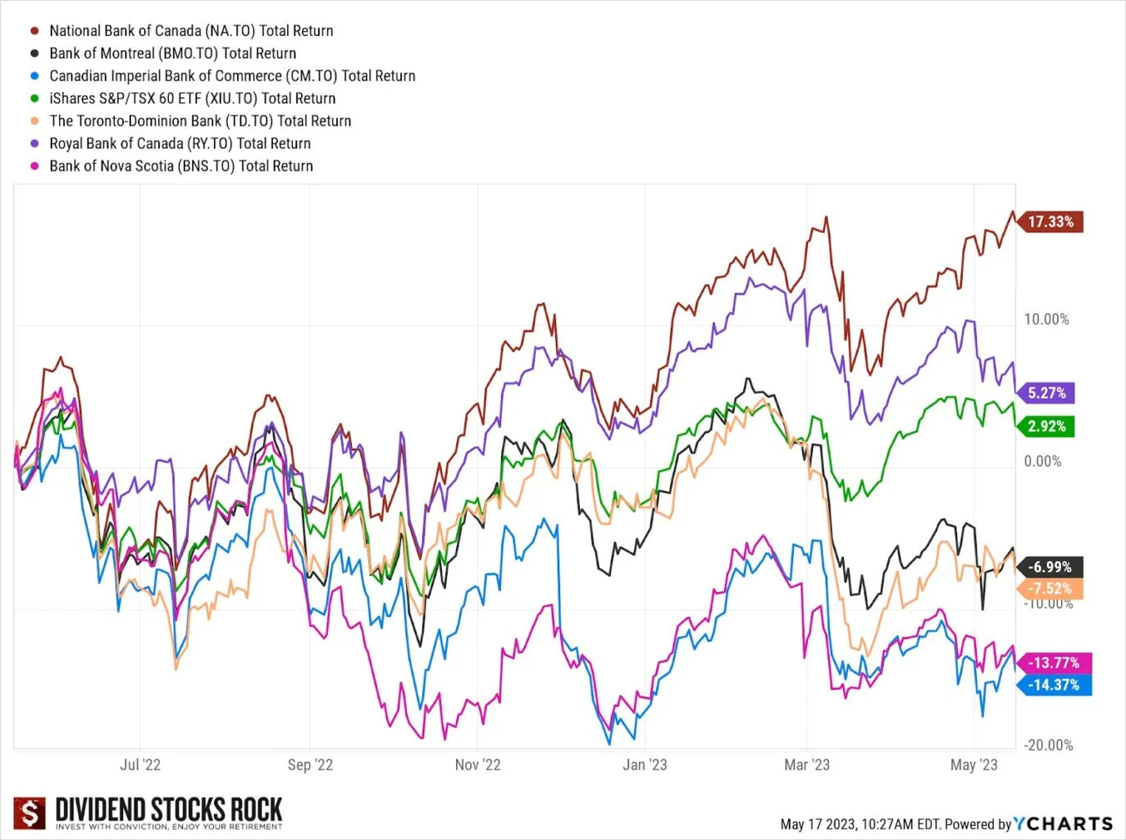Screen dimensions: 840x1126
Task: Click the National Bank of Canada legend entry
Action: click(190, 31)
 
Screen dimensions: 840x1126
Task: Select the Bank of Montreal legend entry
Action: click(172, 53)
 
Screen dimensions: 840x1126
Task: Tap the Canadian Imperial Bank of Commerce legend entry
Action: click(232, 76)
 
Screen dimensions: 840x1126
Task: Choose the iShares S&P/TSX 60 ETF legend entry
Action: click(192, 98)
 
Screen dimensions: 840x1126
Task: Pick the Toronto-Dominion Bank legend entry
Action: click(200, 121)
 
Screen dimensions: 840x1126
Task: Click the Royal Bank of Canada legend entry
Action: click(180, 144)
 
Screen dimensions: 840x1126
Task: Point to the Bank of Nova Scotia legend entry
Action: click(180, 166)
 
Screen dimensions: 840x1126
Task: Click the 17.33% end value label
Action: click(1051, 222)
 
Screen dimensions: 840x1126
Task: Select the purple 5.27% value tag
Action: click(1046, 393)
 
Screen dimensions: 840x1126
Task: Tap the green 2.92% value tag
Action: click(1046, 427)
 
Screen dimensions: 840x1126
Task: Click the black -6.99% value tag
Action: click(1050, 567)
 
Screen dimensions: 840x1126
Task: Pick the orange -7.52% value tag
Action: click(1050, 589)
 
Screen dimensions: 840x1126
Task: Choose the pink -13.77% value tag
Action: click(1053, 663)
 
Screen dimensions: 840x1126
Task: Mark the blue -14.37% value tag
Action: click(1054, 685)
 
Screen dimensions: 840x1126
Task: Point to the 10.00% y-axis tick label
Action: click(1046, 320)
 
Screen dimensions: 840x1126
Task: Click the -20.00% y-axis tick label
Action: click(1048, 745)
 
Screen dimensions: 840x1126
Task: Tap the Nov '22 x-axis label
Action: click(477, 765)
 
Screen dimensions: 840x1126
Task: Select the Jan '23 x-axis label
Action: click(645, 765)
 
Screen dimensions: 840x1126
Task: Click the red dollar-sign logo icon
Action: click(30, 814)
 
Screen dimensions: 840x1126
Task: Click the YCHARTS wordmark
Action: click(1063, 824)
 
